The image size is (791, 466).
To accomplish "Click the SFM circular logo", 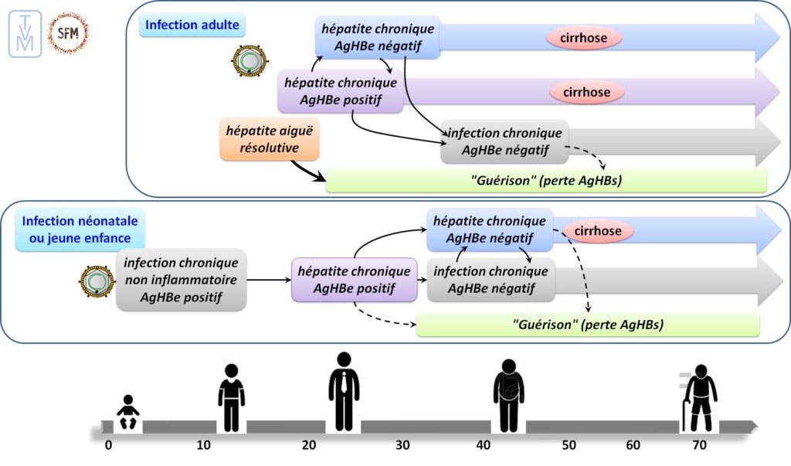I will pos(68,33).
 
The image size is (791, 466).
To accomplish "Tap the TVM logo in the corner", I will pos(25,33).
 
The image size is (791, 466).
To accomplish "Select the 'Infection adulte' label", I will pos(192,26).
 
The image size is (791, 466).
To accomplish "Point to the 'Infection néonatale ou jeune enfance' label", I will pos(76,230).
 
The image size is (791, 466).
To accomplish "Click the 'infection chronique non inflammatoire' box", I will pos(182,280).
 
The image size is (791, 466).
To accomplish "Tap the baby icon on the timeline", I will pos(127,413).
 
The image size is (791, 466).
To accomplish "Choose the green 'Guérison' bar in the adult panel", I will pos(546,181).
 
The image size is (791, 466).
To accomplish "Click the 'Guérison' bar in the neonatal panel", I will pos(588,325).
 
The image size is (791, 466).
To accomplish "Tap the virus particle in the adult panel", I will pos(250,60).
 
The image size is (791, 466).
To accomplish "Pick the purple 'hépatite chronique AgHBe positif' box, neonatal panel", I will pos(355,280).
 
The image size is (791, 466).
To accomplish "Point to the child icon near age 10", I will pos(231,397).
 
